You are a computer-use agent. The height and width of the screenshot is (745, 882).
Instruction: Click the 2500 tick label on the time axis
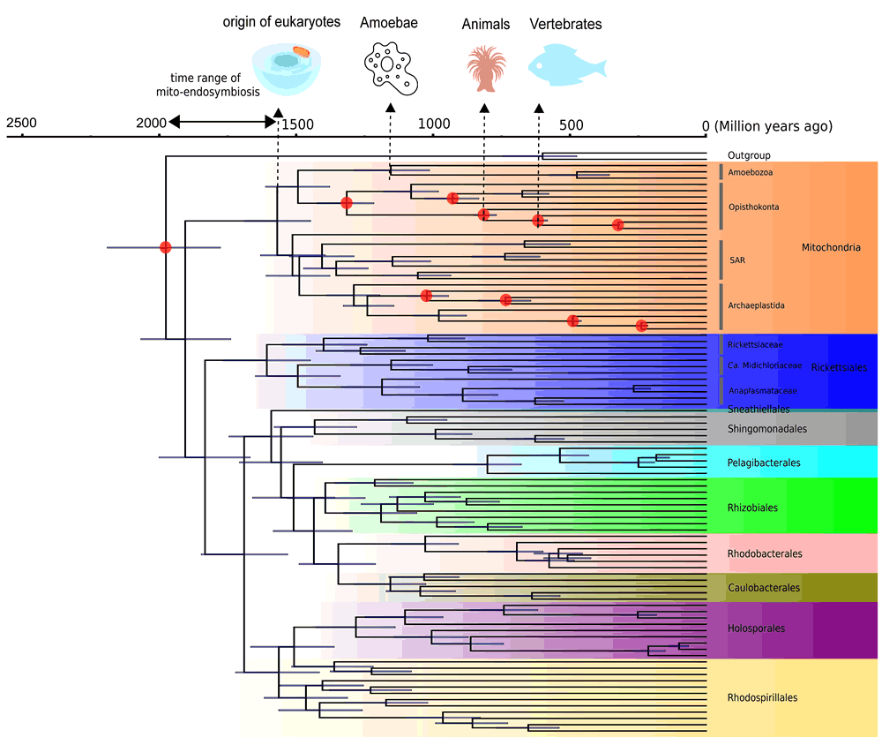tap(21, 122)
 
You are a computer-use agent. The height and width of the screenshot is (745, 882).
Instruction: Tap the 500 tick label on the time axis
tap(571, 122)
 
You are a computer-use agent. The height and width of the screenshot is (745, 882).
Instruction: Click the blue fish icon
tap(567, 64)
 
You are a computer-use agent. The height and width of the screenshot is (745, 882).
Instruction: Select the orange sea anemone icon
tap(485, 67)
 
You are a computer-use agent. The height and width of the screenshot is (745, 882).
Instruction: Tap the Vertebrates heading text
tap(565, 25)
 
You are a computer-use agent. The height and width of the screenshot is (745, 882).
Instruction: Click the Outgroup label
tap(749, 156)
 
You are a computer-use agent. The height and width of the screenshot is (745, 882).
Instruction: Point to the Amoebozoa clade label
tap(751, 172)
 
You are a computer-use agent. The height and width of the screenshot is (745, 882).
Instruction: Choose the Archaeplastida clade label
tap(757, 305)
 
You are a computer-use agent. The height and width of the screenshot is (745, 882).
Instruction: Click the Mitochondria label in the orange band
tap(830, 248)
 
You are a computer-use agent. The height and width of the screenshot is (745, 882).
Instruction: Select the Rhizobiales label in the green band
tap(752, 508)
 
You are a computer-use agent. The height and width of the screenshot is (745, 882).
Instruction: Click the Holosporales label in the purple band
tap(756, 628)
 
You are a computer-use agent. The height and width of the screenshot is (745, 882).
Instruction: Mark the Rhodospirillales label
tap(762, 697)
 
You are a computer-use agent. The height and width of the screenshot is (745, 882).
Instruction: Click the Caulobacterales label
tap(764, 588)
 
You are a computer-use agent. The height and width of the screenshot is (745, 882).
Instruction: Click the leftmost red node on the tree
tap(165, 247)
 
